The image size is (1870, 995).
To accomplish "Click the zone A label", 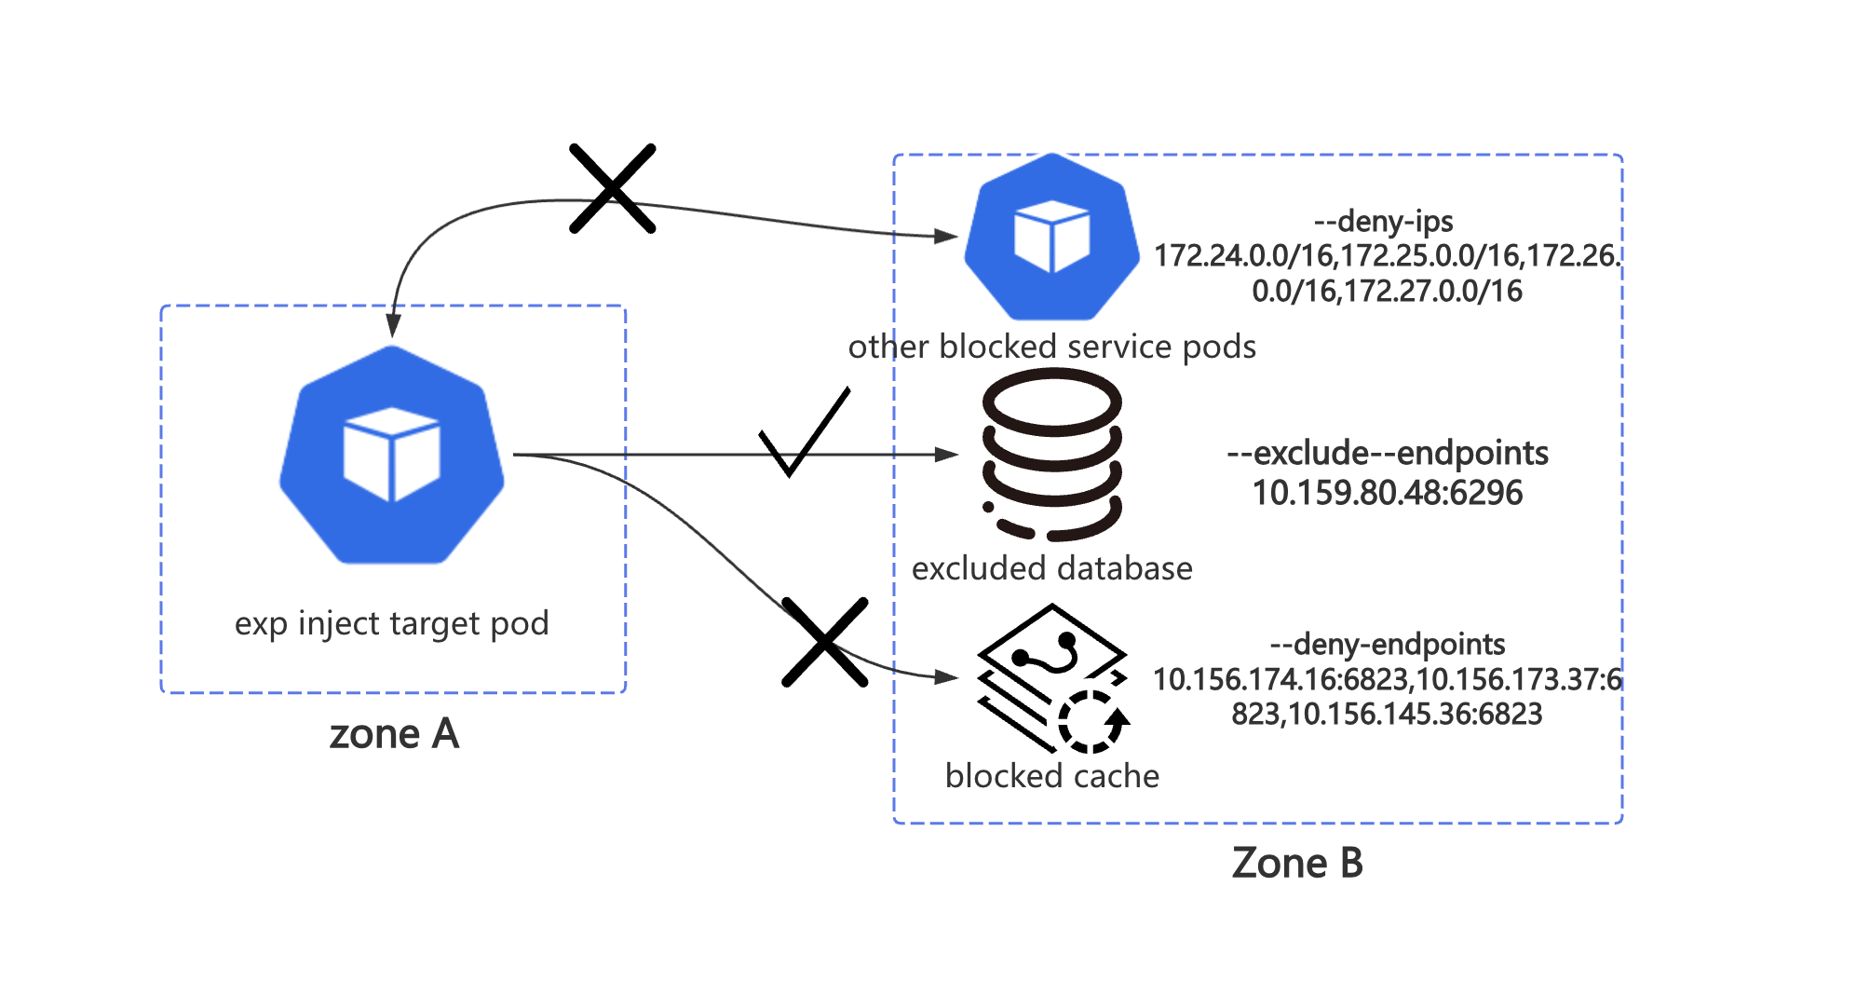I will pos(394,734).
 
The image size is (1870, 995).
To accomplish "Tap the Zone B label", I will pos(1297,863).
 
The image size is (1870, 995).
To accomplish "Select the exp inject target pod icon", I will pos(392,455).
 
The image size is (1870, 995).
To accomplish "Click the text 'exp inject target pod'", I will pos(392,623).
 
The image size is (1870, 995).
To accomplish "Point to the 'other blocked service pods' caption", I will pos(1051,347).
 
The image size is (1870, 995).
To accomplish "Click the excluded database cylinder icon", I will pos(1052,455).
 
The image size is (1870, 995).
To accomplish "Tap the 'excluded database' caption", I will pos(1051,568).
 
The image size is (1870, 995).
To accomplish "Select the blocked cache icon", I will pos(1052,678).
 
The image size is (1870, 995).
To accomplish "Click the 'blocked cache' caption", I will pos(1051,776).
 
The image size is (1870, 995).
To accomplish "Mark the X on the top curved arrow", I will pos(613,188).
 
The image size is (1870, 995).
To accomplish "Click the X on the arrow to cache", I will pos(825,642).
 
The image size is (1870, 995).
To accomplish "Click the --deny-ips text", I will pos(1383,222).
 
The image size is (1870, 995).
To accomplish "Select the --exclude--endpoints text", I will pos(1387,453).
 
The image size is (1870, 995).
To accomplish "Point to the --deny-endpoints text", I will pos(1387,644).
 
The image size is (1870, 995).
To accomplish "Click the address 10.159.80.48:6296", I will pos(1387,493).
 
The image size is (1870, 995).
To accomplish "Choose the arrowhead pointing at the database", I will pos(948,455).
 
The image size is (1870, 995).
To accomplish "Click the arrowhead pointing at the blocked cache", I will pos(948,677).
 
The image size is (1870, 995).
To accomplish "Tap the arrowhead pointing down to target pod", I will pos(393,324).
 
